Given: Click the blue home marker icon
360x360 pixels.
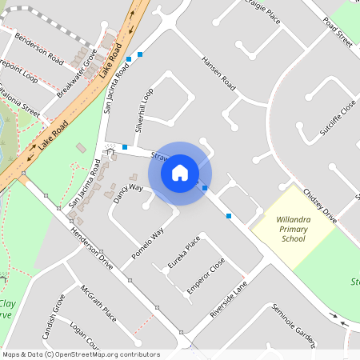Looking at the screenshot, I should click(x=180, y=173).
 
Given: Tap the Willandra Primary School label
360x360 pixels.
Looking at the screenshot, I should click(x=293, y=229).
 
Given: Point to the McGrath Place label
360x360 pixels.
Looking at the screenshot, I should click(x=98, y=304).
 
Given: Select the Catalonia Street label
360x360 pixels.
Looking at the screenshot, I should click(x=19, y=103).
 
